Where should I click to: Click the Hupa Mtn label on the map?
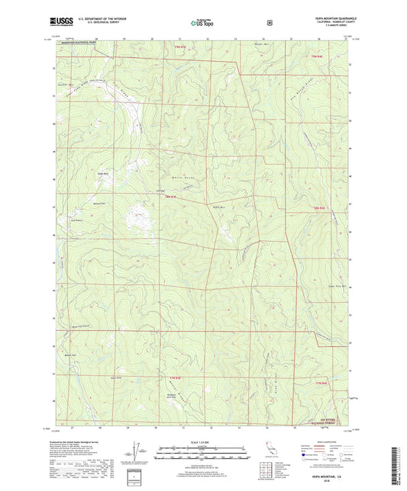click(x=220, y=207)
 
